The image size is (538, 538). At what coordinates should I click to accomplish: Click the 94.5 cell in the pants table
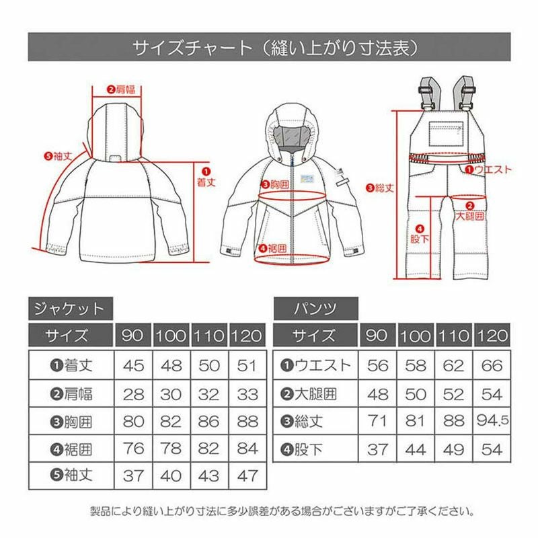point(492,421)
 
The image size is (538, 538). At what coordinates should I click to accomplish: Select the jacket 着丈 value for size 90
point(133,366)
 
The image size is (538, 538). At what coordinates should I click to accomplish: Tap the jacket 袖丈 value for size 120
point(247,476)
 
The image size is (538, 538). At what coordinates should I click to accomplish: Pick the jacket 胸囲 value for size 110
point(208,422)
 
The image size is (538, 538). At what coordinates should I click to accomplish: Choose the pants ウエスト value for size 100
point(416,366)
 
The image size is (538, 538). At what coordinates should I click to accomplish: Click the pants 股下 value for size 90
point(377,449)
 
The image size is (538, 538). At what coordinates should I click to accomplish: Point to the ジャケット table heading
point(70,309)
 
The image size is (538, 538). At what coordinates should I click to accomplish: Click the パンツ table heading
point(315,309)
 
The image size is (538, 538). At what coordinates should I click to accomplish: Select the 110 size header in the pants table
point(453,336)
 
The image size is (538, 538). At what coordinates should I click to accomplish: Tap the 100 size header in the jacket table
point(171,336)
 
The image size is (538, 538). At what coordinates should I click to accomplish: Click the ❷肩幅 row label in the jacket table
point(71,394)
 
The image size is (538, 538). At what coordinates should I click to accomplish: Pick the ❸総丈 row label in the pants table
point(301,422)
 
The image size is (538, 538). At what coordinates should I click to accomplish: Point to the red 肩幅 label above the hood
point(122,89)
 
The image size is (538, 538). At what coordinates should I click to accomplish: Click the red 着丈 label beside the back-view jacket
point(206,178)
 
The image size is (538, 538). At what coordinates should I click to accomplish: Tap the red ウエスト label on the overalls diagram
point(489,169)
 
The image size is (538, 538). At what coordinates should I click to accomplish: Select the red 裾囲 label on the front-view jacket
point(273,248)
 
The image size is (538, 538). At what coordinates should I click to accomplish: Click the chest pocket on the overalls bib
point(446,134)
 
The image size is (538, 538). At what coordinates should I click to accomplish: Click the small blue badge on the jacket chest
point(307,179)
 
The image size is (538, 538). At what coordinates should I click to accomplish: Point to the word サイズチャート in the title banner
point(192,48)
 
